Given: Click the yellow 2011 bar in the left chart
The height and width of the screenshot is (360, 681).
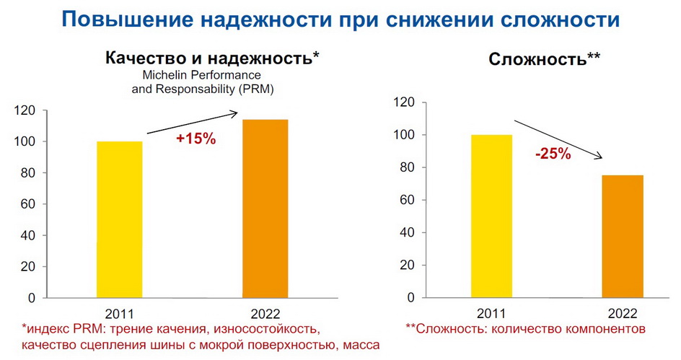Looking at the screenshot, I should coord(120,219).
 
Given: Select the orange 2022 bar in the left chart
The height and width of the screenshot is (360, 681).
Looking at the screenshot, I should coord(265,208).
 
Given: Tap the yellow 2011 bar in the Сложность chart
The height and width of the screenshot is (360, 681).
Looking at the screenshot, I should coord(491,216).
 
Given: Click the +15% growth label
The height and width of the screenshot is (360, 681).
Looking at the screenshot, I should coord(195,139).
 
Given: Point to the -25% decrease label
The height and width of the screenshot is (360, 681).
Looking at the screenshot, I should coord(553,154).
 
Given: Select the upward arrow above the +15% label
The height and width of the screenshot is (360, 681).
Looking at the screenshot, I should coord(192,122).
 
